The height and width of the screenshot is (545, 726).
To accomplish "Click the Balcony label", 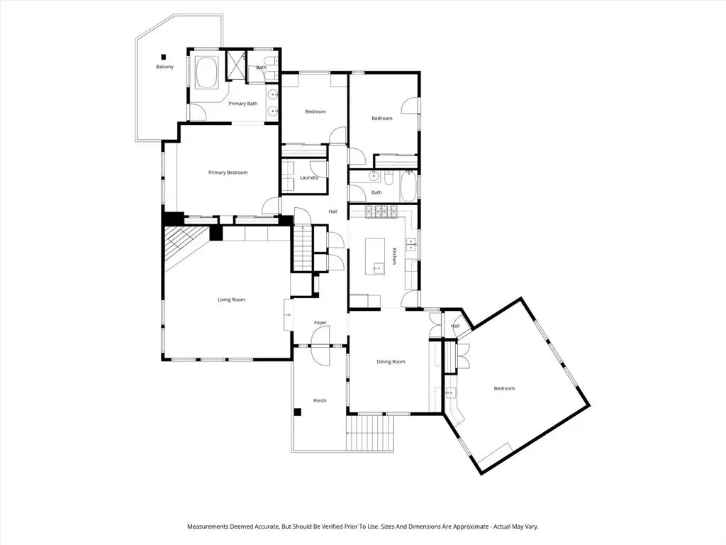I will (x=164, y=67).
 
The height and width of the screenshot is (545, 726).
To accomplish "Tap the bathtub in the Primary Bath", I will (x=207, y=73).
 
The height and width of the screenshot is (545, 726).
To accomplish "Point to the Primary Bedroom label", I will (x=228, y=172).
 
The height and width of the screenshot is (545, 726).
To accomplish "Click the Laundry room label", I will (x=308, y=177).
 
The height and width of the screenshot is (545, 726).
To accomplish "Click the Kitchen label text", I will (x=394, y=256).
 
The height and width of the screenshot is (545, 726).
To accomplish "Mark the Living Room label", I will (x=231, y=299).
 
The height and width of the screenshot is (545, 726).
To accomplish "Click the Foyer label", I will (x=320, y=323).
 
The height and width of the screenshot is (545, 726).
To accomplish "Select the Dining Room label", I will (x=391, y=362).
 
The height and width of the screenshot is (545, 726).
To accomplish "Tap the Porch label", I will (x=320, y=401).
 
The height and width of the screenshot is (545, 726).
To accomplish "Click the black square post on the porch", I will (x=298, y=412).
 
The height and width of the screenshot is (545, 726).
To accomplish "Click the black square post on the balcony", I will (x=163, y=57).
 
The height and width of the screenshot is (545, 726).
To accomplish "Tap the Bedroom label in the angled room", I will (x=504, y=388).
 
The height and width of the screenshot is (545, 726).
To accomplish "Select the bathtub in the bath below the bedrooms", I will (x=408, y=187).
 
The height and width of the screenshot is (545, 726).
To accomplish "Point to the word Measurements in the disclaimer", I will (x=209, y=527).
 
